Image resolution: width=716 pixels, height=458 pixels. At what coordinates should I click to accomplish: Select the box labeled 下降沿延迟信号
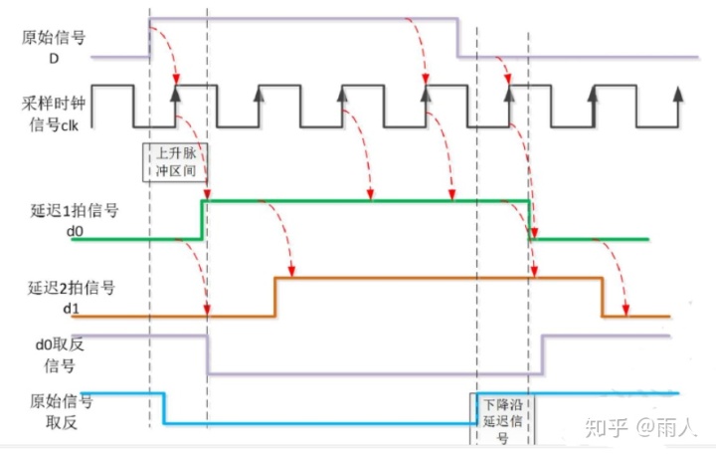[x=503, y=416]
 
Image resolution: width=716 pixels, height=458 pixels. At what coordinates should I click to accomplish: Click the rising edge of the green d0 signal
[x=202, y=220]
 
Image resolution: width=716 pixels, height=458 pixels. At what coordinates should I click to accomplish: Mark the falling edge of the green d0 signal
[x=530, y=220]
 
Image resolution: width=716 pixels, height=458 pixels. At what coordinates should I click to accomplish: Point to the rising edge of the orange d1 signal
[x=274, y=298]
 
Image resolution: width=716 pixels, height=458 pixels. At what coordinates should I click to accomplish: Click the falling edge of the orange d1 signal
[x=602, y=298]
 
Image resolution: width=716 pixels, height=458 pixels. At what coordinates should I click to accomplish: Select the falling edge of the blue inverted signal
[x=163, y=409]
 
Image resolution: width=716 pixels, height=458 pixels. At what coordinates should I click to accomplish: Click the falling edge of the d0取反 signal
[x=206, y=354]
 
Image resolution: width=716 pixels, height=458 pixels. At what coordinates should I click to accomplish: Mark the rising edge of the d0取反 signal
[x=540, y=354]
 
